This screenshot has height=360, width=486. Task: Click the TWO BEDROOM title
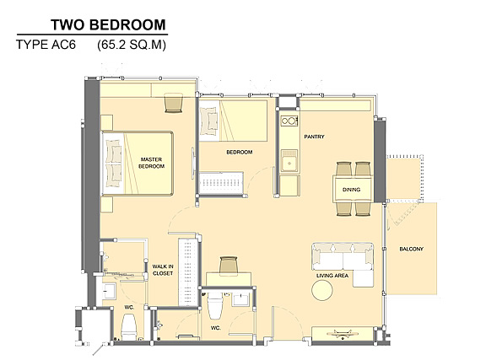point(108,24)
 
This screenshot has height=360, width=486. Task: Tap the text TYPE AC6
point(46,45)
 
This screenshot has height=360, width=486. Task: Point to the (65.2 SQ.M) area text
point(132,45)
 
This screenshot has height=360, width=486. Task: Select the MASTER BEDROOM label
point(151,163)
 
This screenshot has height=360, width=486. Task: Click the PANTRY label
point(314,137)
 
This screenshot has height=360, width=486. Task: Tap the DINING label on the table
point(351,190)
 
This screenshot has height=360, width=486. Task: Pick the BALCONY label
point(411,249)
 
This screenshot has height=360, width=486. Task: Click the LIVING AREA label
point(332,276)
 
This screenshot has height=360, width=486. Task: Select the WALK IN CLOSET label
point(163,270)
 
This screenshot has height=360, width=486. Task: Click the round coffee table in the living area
point(322,290)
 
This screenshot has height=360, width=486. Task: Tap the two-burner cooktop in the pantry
point(289,121)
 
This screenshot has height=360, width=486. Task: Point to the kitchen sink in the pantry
point(289,161)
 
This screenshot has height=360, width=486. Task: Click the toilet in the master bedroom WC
point(129,327)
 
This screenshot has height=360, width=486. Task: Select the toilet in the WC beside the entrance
point(214,304)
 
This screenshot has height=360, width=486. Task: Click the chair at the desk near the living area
point(229,266)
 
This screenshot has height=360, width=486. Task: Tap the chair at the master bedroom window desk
point(174,103)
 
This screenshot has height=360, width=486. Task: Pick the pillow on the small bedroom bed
point(208,121)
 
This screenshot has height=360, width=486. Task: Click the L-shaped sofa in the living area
point(343,262)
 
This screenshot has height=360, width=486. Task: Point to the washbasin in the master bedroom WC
point(108,291)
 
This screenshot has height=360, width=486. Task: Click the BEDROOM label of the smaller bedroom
point(240,152)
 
